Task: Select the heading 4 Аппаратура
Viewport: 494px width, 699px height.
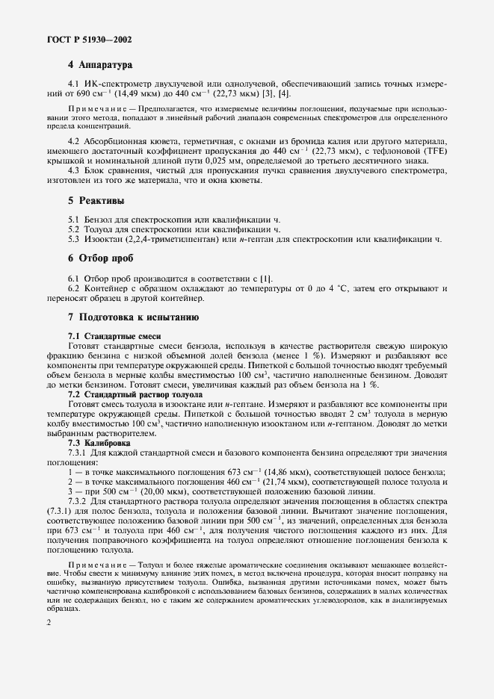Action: click(99, 66)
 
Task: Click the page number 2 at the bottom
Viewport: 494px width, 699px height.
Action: click(49, 621)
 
